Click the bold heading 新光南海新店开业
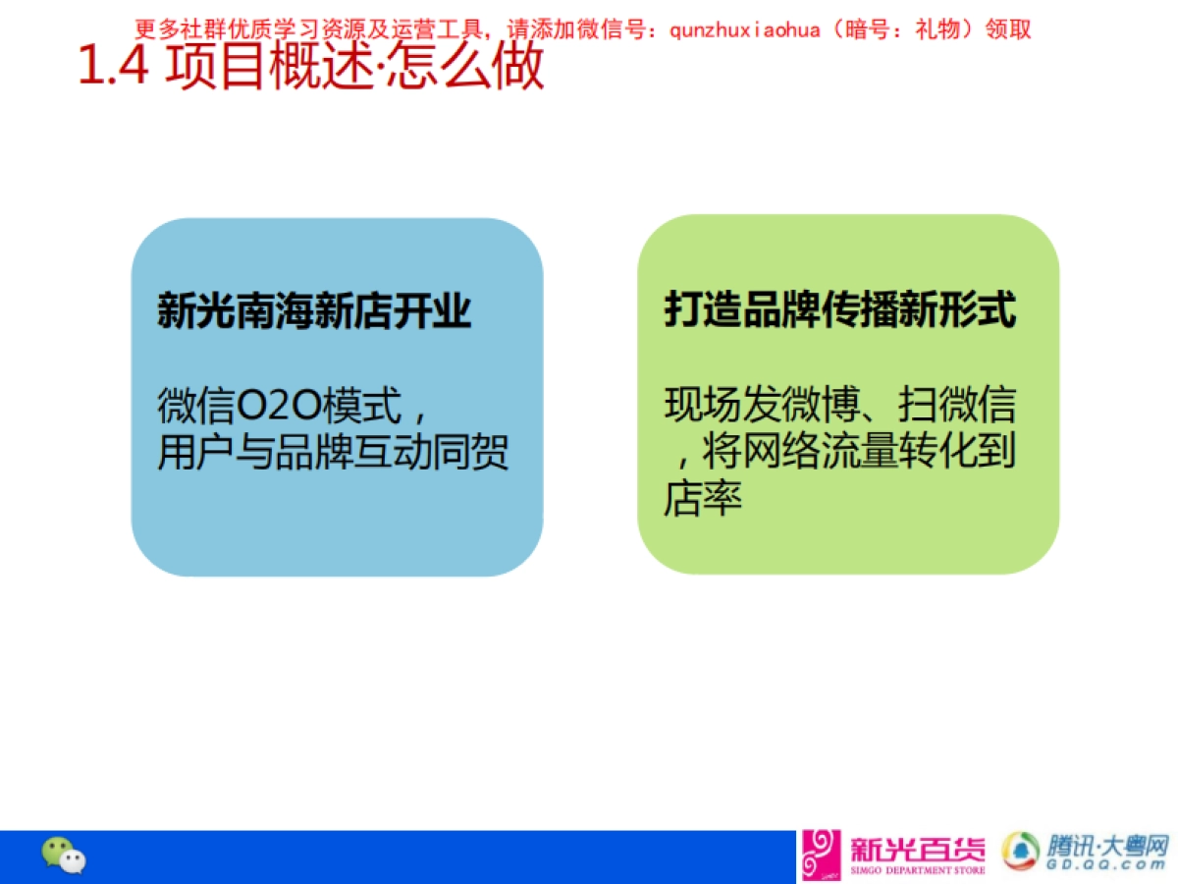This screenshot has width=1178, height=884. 314,311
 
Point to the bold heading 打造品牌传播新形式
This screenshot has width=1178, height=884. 840,309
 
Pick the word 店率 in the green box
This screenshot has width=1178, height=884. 702,498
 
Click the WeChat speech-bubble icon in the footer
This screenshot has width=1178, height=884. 63,856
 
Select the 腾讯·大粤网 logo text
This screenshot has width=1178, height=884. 1108,846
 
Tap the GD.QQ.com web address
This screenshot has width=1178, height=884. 1108,866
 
